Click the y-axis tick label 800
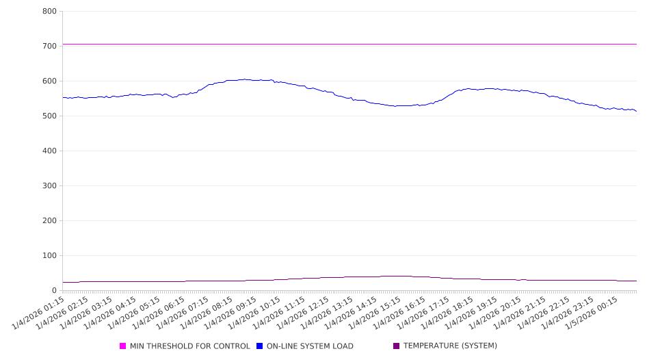[49, 12]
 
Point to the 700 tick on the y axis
[49, 47]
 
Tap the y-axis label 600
[49, 81]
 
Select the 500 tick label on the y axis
[49, 116]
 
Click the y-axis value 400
[49, 151]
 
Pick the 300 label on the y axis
[49, 186]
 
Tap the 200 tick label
[49, 221]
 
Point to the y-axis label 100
[49, 256]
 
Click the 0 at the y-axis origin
[53, 291]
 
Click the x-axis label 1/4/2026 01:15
[40, 311]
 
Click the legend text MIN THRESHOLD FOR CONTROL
[189, 346]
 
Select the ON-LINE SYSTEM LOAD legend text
[310, 346]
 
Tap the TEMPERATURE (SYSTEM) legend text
[450, 346]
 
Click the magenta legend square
[123, 346]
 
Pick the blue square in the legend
[260, 346]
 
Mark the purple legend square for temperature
[397, 346]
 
